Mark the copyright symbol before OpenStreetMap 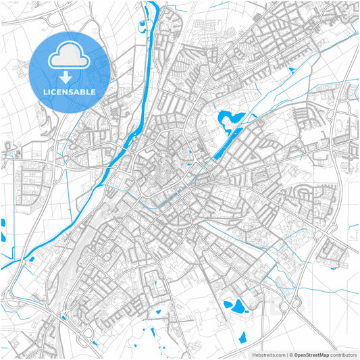pyautogui.click(x=290, y=355)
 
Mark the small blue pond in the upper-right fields pyautogui.click(x=292, y=70)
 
